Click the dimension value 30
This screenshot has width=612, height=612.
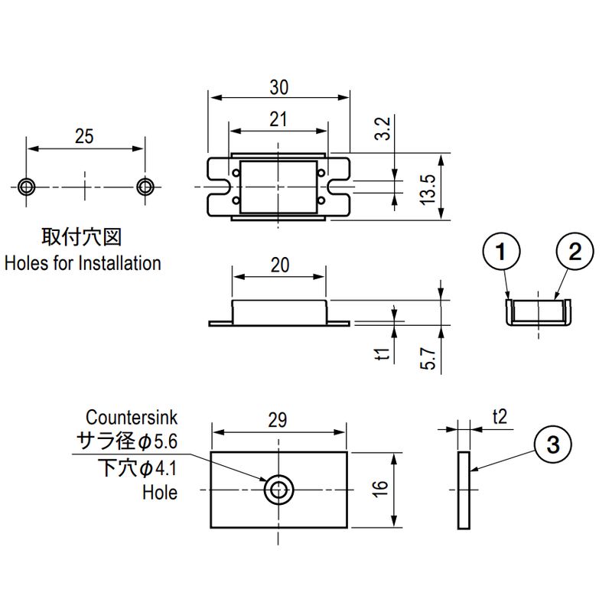(x=279, y=88)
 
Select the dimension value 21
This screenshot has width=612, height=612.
(x=279, y=119)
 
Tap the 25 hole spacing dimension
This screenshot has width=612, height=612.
(x=85, y=136)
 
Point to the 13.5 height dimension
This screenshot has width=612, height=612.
(x=428, y=187)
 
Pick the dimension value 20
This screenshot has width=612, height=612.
(x=280, y=265)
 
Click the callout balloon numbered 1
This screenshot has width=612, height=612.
(x=501, y=252)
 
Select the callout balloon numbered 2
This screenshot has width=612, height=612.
(x=575, y=252)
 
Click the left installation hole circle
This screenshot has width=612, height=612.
(x=27, y=187)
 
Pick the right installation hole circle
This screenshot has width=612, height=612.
(x=145, y=187)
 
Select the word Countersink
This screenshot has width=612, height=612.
(x=131, y=418)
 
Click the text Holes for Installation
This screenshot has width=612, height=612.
(x=83, y=263)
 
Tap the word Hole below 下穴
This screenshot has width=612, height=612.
(x=159, y=493)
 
